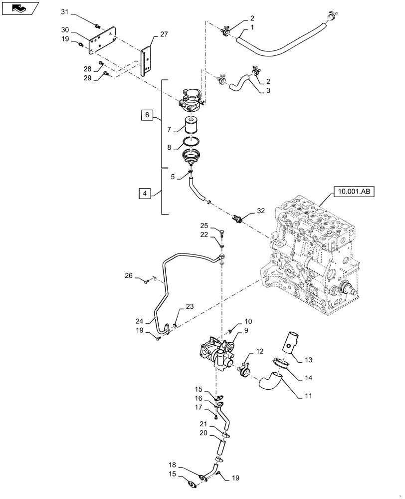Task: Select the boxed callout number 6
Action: tap(146, 115)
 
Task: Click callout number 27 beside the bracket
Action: tap(164, 35)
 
